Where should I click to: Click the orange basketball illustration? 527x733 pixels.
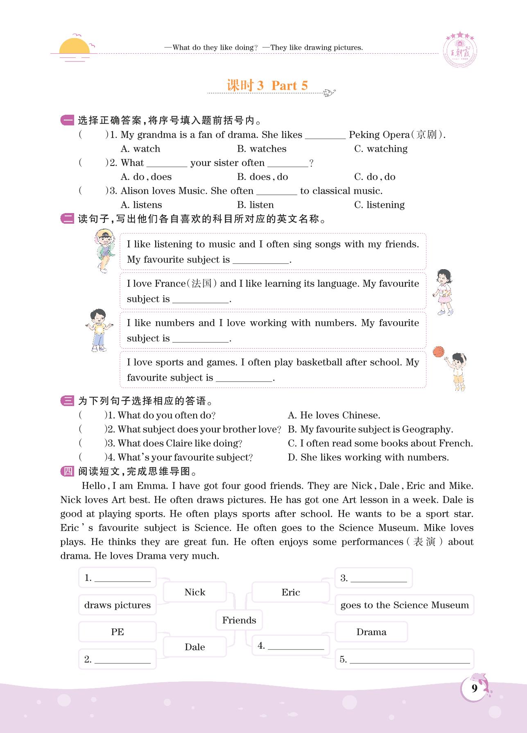click(438, 352)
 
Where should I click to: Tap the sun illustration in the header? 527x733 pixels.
click(74, 47)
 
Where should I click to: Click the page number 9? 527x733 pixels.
click(474, 689)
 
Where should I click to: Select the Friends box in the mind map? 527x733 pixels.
click(239, 620)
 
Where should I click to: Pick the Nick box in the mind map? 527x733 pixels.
click(195, 592)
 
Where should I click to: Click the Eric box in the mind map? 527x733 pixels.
click(291, 592)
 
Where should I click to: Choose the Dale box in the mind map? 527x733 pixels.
click(195, 647)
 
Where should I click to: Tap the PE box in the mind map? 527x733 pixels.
click(118, 632)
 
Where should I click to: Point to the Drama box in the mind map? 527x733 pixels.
click(371, 632)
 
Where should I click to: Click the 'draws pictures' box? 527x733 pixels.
click(118, 605)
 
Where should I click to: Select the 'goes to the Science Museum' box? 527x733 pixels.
click(404, 605)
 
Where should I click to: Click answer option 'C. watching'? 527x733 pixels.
click(381, 149)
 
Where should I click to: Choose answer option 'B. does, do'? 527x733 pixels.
click(262, 177)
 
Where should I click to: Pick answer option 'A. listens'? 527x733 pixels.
click(141, 205)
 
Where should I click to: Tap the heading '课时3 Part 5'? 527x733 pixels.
click(267, 86)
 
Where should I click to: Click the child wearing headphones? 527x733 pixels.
click(105, 250)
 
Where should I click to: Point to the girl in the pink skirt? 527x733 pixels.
click(443, 292)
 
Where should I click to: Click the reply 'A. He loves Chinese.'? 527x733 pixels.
click(334, 415)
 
